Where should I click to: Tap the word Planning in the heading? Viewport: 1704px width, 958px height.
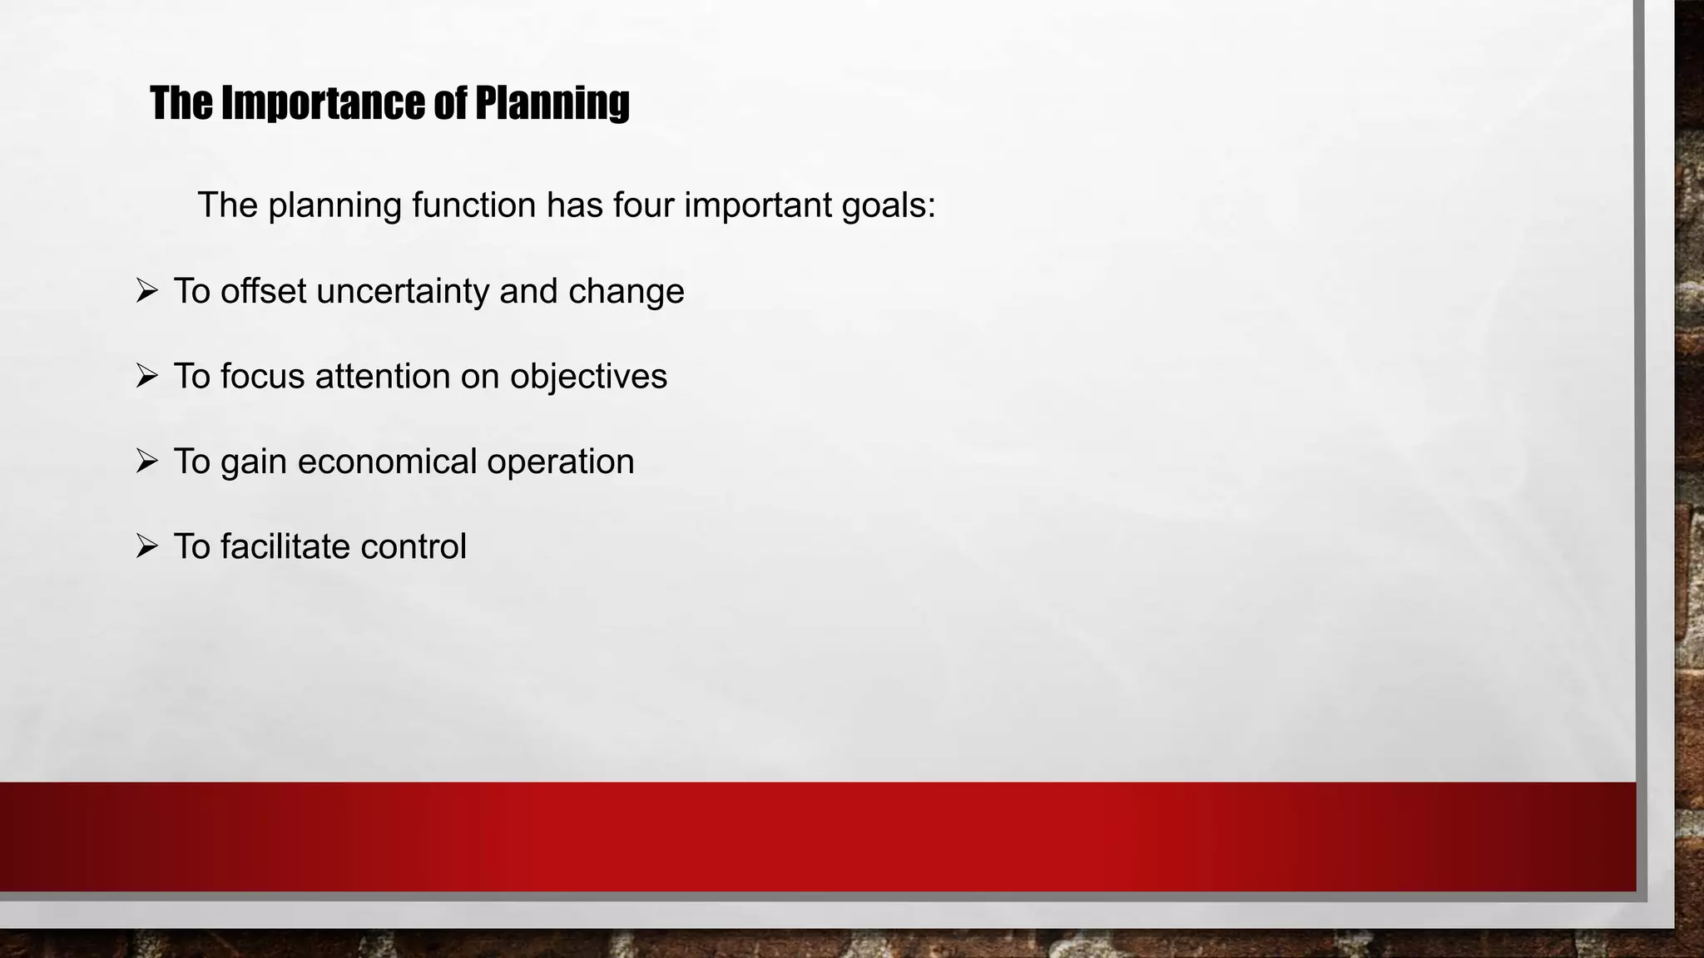click(552, 103)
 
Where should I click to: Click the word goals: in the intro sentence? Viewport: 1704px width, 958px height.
click(889, 205)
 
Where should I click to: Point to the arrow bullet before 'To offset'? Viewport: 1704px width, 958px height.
click(146, 291)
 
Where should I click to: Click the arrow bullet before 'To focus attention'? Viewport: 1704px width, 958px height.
click(146, 377)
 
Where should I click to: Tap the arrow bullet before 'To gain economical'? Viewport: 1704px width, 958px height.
click(146, 462)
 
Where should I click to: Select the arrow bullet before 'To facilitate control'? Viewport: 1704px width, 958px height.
click(146, 547)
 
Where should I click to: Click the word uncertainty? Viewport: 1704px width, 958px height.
click(403, 292)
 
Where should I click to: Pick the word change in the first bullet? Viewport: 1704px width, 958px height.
click(626, 292)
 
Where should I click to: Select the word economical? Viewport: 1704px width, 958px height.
click(387, 462)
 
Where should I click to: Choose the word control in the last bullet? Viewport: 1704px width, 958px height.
click(414, 547)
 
